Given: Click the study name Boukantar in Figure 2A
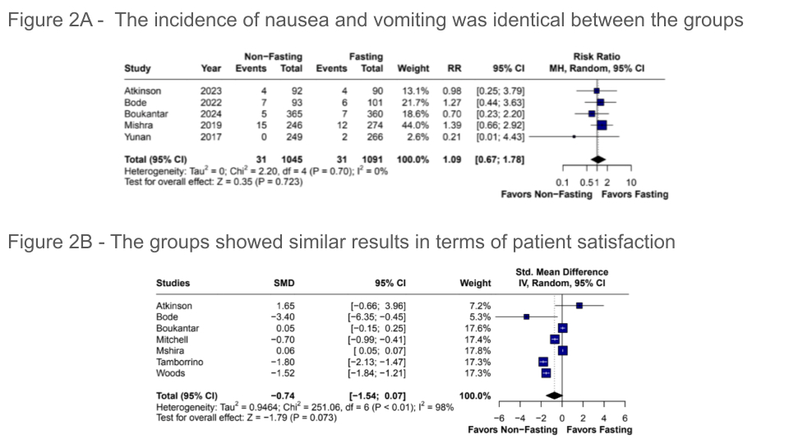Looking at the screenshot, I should pos(145,113).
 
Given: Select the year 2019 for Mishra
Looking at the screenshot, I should pos(210,125).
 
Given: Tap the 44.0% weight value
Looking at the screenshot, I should pos(415,125).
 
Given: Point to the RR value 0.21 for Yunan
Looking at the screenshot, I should pos(451,136).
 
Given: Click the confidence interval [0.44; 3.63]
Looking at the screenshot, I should pos(501,102).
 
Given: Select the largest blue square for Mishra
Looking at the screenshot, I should pos(602,125).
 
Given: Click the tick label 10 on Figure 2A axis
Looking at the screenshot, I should pos(631,183).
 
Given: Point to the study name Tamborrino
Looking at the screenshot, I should pos(180,362).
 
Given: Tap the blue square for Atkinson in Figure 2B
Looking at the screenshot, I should pos(579,305).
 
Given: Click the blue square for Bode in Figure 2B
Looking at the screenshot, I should pos(526,317).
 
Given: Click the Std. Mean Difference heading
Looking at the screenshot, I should pos(561,272).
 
